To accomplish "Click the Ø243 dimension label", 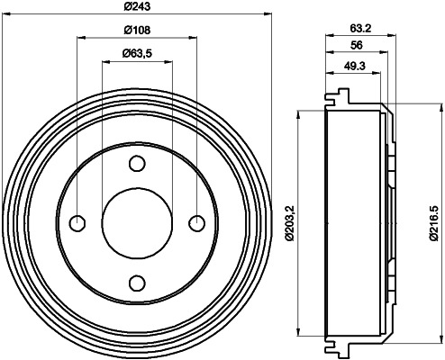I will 137,6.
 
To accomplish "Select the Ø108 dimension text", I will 137,31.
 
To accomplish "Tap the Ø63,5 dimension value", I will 137,54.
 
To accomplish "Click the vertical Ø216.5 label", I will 434,220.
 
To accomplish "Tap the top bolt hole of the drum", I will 137,163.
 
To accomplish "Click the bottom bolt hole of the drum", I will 137,283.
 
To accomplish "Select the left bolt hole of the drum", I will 77,223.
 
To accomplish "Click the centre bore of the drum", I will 137,223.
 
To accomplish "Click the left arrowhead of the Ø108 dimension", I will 82,38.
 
